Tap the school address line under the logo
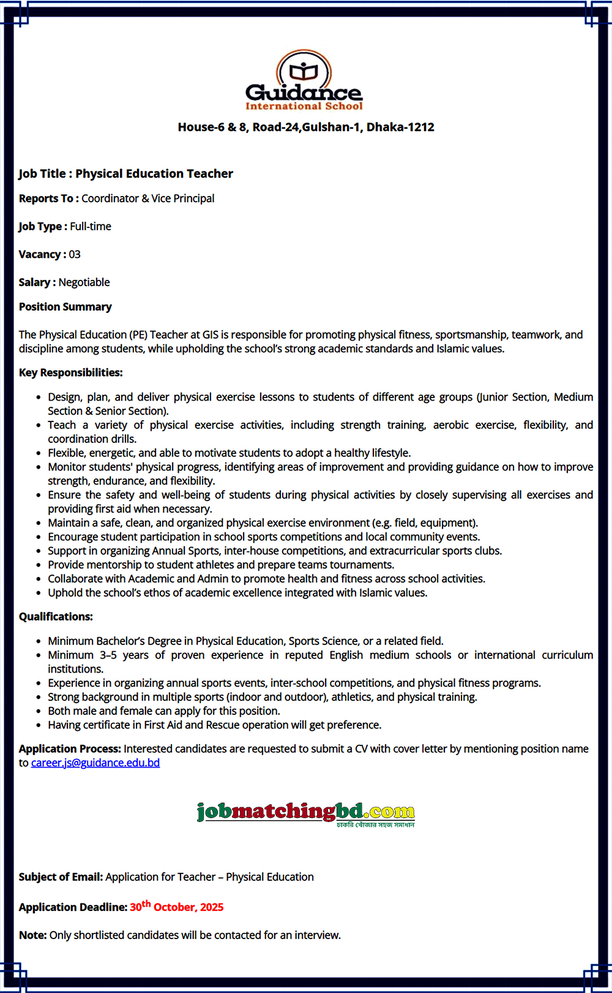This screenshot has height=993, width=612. [x=306, y=127]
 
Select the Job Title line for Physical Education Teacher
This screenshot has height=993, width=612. [x=126, y=174]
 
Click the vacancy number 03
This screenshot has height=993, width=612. [x=75, y=254]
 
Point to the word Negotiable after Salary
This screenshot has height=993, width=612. [x=84, y=282]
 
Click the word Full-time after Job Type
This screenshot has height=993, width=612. [x=91, y=227]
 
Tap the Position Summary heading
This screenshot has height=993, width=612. [x=65, y=307]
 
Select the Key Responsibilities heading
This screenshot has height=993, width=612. [x=71, y=372]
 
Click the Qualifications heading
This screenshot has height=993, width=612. [x=56, y=617]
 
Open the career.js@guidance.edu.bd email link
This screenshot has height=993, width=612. [x=95, y=763]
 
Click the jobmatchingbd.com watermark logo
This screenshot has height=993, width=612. [x=306, y=813]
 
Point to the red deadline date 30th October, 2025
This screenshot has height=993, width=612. [x=176, y=907]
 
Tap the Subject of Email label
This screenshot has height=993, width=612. [x=61, y=877]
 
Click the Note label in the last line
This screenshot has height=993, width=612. [x=32, y=935]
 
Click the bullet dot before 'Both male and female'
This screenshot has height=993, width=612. [x=39, y=711]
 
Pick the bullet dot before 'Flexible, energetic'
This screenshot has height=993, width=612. [x=39, y=453]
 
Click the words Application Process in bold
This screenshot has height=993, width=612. [x=70, y=749]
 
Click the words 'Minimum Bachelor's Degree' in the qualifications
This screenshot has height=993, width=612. [x=114, y=641]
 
